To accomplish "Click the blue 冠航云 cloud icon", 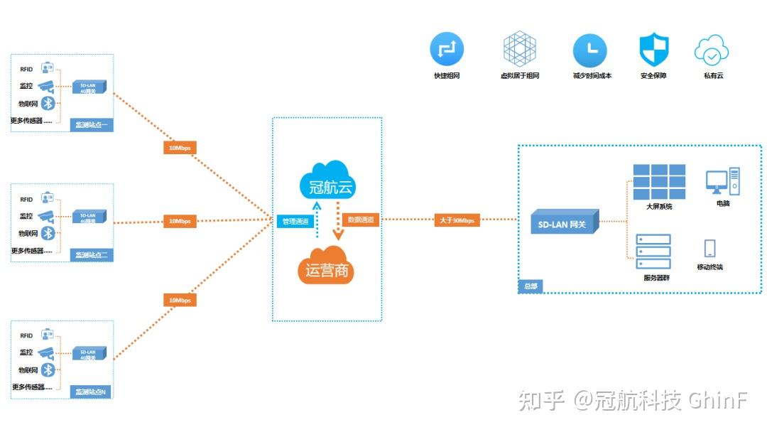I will click(327, 179).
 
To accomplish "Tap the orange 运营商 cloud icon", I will click(326, 264).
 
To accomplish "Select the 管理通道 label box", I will click(294, 221).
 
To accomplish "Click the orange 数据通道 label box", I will click(361, 220).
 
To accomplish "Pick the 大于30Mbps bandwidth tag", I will click(457, 220).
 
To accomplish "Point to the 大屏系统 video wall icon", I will click(659, 182).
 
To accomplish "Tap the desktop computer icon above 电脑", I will click(723, 181).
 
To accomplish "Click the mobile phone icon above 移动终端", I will click(709, 248).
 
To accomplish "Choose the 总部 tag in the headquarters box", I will click(531, 286).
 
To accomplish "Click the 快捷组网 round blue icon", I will click(447, 50).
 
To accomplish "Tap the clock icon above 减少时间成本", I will click(590, 50).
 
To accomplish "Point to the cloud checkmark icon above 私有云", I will click(711, 50).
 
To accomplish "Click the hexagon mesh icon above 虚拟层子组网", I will click(520, 49).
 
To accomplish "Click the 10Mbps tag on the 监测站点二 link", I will click(179, 221).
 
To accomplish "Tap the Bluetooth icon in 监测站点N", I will click(48, 369).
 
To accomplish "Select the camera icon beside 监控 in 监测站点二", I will click(46, 215).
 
